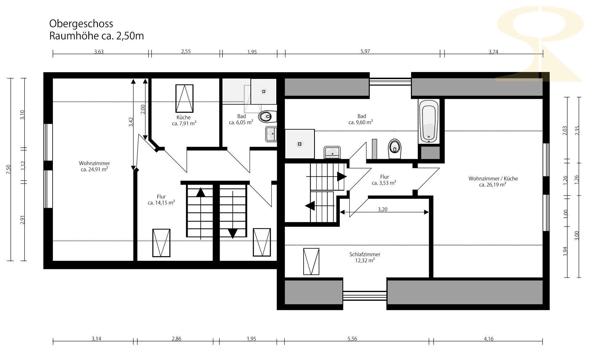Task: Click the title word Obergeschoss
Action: point(81,24)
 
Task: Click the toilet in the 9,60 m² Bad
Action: point(395,149)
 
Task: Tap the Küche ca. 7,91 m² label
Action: point(184,120)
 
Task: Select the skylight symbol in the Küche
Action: point(184,98)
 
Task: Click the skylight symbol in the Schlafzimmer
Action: point(311,262)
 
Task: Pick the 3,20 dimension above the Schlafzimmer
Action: point(383,210)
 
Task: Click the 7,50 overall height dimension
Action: point(8,169)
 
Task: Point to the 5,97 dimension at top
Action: point(365,51)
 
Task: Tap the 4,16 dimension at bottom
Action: point(489,339)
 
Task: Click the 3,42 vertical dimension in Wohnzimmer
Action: point(131,122)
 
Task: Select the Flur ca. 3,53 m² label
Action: point(384,180)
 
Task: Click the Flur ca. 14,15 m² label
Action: point(161,200)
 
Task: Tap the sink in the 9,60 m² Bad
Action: point(332,152)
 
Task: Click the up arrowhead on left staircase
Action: point(201,192)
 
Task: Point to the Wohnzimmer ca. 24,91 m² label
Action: point(94,166)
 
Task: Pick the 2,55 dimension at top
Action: point(186,51)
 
